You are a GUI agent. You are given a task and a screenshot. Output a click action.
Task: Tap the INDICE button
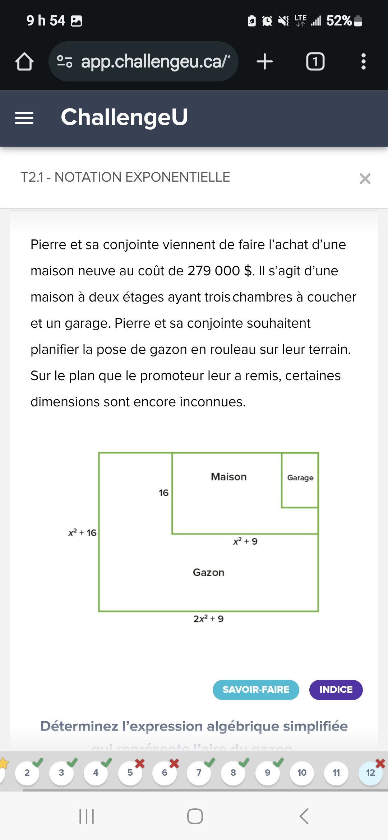[336, 690]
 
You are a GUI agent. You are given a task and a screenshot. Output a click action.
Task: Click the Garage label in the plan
[300, 478]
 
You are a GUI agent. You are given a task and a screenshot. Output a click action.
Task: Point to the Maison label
[229, 477]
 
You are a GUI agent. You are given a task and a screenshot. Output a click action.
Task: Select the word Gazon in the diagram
[208, 572]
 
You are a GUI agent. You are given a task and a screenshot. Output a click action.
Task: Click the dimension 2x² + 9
[208, 619]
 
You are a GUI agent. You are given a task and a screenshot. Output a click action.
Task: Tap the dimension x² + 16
[82, 533]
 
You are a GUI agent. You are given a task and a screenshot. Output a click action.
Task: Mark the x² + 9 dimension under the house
[245, 541]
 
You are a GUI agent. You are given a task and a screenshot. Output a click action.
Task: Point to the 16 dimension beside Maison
[163, 493]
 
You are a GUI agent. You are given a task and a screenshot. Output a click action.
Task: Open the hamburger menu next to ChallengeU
[24, 118]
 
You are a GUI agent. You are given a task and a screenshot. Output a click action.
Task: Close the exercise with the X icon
[365, 178]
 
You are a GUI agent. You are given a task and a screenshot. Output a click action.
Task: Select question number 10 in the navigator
[302, 773]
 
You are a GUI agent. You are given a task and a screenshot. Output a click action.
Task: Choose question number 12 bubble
[370, 773]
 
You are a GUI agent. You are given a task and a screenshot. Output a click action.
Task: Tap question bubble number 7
[199, 773]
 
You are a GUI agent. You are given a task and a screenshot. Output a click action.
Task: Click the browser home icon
[24, 61]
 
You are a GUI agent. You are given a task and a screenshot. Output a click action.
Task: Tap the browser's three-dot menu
[364, 61]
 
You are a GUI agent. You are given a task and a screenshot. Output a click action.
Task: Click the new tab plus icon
[265, 61]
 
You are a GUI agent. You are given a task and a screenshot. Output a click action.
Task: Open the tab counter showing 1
[315, 61]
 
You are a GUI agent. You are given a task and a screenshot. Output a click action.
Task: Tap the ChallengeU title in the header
[124, 117]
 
